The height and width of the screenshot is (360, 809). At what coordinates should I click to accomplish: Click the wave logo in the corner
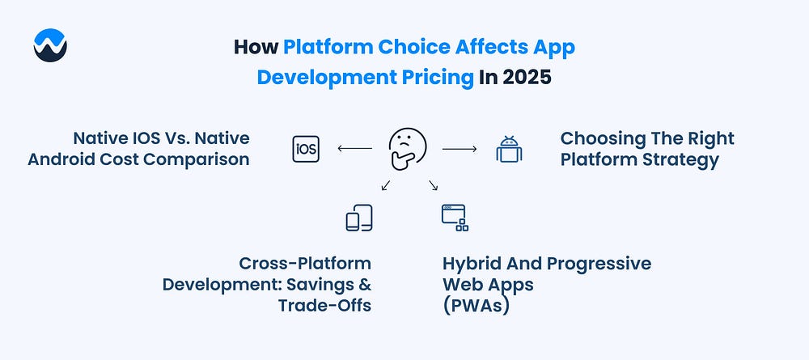point(50,45)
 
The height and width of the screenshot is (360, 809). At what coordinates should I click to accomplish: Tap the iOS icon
point(306,149)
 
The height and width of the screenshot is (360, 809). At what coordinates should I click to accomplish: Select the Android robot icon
point(509,150)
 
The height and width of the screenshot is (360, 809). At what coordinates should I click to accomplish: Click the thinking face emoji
point(407,149)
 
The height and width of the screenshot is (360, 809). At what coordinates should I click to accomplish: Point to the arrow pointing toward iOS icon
point(354,149)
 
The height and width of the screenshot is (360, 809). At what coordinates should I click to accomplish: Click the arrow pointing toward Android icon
point(460,149)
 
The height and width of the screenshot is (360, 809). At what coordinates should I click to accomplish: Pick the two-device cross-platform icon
point(359,218)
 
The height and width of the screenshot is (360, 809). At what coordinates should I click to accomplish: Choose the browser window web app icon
point(455,218)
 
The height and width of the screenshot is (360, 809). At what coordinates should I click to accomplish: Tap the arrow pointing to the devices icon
point(386,185)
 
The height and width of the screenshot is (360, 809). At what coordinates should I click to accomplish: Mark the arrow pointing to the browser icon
point(433,185)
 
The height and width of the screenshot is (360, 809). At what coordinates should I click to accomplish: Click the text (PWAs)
point(476,305)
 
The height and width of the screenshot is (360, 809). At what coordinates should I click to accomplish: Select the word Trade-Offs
point(324,305)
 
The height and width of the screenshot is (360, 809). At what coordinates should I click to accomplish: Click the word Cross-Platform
point(305,263)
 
